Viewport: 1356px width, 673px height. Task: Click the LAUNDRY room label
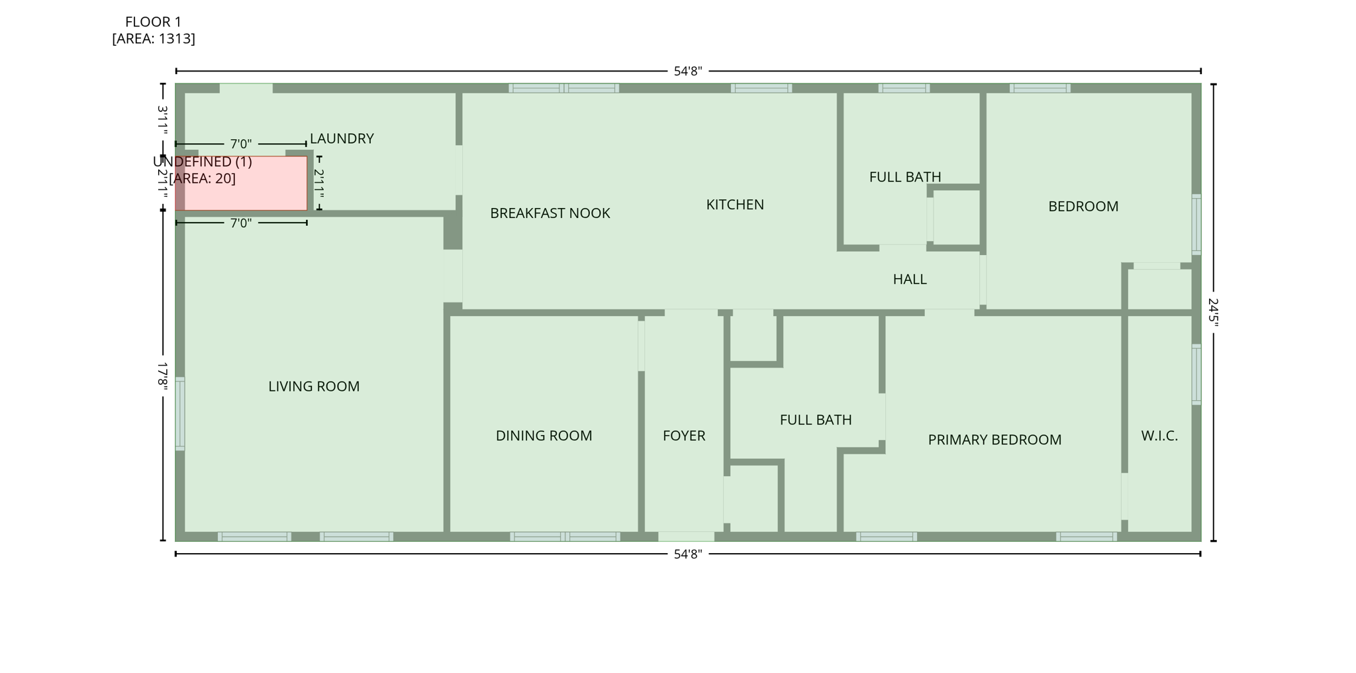342,138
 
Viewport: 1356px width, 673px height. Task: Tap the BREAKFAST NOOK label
550,213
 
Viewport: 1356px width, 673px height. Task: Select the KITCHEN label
735,205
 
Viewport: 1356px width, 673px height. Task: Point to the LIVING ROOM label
314,386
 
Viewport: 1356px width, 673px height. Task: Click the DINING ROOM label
544,436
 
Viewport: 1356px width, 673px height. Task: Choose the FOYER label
684,436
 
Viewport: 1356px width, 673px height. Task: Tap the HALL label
909,280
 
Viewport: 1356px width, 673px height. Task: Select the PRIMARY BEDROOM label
994,440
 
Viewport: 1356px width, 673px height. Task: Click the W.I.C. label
1159,436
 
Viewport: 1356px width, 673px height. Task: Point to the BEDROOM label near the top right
1083,207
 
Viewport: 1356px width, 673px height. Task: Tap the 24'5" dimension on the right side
1213,311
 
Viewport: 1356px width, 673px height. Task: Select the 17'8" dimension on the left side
163,376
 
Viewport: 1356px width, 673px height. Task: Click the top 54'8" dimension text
688,72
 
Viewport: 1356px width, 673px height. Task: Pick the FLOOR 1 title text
153,22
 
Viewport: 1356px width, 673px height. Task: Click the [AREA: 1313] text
154,38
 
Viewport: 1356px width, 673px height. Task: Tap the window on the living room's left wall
180,413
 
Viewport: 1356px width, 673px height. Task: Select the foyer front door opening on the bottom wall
686,537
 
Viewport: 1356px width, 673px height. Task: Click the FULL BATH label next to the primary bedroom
815,420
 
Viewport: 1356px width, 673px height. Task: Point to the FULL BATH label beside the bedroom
904,177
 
